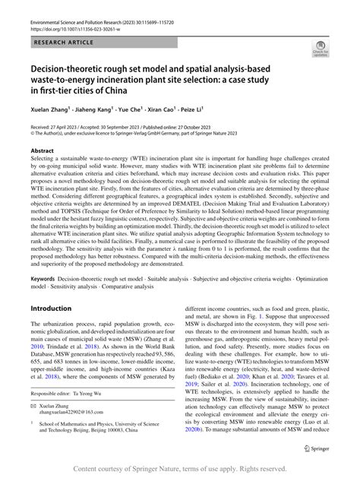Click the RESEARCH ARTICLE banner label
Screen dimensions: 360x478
pyautogui.click(x=63, y=43)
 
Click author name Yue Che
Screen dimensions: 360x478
pyautogui.click(x=148, y=109)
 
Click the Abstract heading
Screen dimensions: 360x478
pyautogui.click(x=43, y=151)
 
